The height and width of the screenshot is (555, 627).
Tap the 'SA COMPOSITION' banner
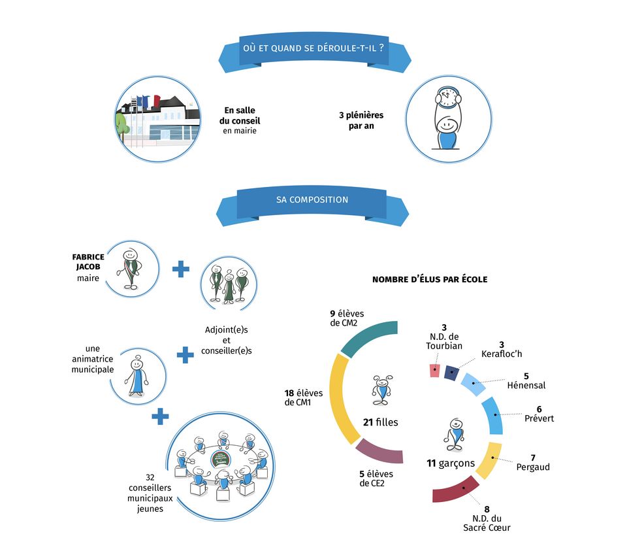point(312,199)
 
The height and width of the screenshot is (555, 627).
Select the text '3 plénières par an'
point(361,120)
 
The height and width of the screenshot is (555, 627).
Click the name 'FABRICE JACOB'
point(88,261)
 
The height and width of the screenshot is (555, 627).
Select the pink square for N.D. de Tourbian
point(434,371)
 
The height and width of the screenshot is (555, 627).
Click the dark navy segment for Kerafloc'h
point(450,373)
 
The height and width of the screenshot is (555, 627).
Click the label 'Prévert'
point(539,418)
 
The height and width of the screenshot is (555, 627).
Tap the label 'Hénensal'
point(526,385)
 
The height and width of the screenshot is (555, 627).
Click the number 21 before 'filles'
point(368,422)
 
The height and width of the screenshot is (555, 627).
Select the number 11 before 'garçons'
point(431,463)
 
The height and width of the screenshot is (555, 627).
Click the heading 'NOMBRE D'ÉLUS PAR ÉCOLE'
point(430,280)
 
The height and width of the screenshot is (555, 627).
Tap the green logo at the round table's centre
point(221,458)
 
